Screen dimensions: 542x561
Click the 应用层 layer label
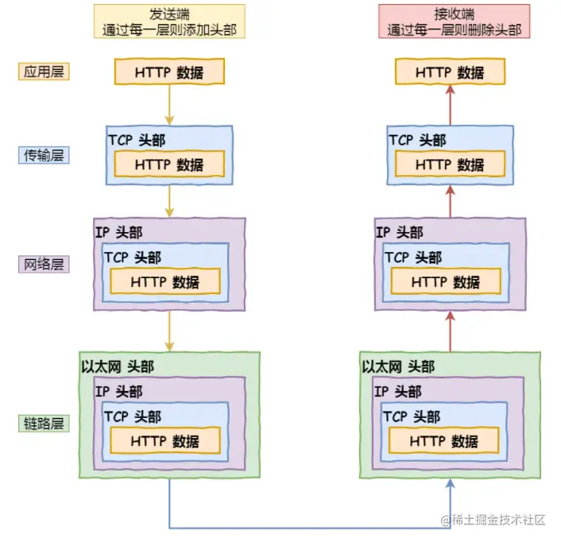click(x=44, y=72)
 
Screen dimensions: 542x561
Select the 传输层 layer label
click(x=44, y=155)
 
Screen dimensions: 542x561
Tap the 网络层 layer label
click(x=44, y=264)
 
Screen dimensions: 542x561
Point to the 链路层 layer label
click(x=44, y=423)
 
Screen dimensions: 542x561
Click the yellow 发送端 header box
click(x=170, y=21)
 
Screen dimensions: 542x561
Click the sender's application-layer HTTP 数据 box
click(x=169, y=72)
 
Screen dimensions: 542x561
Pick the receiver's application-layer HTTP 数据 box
click(x=450, y=72)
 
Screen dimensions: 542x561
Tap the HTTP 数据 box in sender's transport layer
click(x=169, y=165)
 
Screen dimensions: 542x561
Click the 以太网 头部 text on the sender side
click(x=118, y=366)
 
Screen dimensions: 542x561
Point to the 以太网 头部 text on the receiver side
click(x=398, y=366)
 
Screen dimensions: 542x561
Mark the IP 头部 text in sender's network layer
click(x=119, y=232)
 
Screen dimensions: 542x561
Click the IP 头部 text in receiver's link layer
click(x=399, y=392)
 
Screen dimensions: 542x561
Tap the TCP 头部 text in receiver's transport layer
click(x=417, y=140)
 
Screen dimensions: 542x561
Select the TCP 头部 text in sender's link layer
click(x=132, y=416)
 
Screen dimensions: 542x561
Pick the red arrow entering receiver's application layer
click(x=450, y=105)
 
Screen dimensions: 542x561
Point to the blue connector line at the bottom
click(x=310, y=527)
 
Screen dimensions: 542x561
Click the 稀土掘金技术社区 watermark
click(x=493, y=520)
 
